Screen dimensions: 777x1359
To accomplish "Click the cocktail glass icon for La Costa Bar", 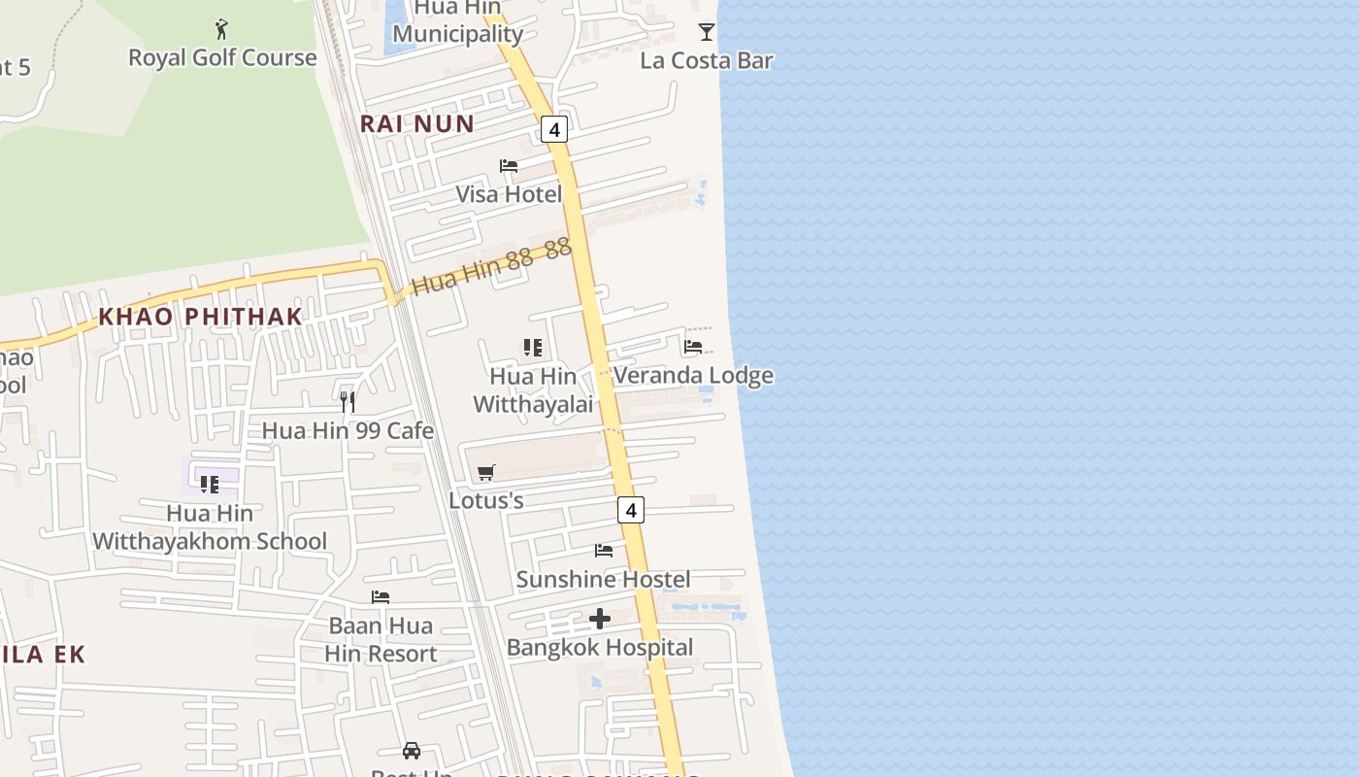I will [x=707, y=31].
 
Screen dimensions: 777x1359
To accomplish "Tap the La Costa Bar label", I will [x=707, y=60].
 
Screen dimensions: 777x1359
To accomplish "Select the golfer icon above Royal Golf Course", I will [x=222, y=29].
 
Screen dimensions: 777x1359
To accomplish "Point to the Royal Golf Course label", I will [x=222, y=57].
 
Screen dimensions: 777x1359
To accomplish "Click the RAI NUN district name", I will [x=417, y=123].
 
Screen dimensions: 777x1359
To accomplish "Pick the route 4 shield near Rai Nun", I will [x=554, y=129].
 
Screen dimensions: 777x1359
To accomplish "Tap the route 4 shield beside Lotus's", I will [x=631, y=510].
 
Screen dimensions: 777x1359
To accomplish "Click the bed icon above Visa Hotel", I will [x=509, y=166].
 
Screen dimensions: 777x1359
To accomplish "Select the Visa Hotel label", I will [x=509, y=194].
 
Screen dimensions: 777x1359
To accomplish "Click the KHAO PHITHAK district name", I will [x=201, y=317].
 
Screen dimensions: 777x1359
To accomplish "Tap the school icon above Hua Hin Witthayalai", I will [x=532, y=348].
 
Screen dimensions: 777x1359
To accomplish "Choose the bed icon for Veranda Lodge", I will [x=693, y=346].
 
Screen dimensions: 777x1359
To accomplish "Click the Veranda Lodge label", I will [x=693, y=375].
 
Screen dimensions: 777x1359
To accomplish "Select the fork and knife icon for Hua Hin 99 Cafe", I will [x=348, y=402].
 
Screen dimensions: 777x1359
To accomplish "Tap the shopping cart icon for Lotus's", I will [x=486, y=472].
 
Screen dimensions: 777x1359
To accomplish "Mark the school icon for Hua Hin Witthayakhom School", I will [x=210, y=484].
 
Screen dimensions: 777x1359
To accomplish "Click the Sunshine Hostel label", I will [x=603, y=580].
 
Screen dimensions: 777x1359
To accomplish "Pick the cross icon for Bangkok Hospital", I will [x=600, y=619].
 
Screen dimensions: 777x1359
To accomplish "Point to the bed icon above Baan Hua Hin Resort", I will [x=381, y=597].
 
